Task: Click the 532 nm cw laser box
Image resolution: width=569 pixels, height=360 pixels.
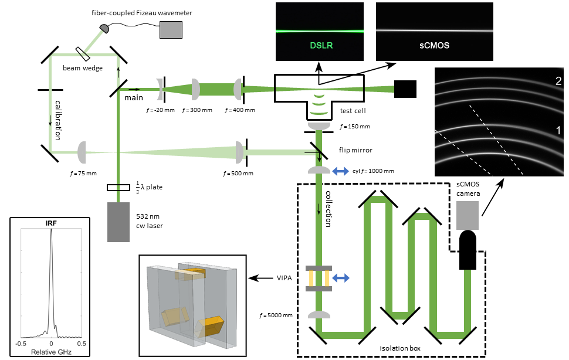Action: click(118, 222)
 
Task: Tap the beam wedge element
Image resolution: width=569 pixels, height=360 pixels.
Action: click(82, 53)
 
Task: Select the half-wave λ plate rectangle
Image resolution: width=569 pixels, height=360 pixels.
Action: click(118, 188)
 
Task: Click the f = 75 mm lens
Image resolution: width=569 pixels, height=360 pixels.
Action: click(81, 152)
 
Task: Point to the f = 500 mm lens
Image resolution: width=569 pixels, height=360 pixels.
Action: click(239, 152)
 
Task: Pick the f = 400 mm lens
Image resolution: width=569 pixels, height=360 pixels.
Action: click(238, 89)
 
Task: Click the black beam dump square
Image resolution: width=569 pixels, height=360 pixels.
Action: click(405, 89)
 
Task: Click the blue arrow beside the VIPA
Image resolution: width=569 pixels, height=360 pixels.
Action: click(341, 277)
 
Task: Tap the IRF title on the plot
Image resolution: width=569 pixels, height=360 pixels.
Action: click(51, 223)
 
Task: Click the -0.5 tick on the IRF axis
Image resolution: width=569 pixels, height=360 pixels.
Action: click(21, 344)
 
